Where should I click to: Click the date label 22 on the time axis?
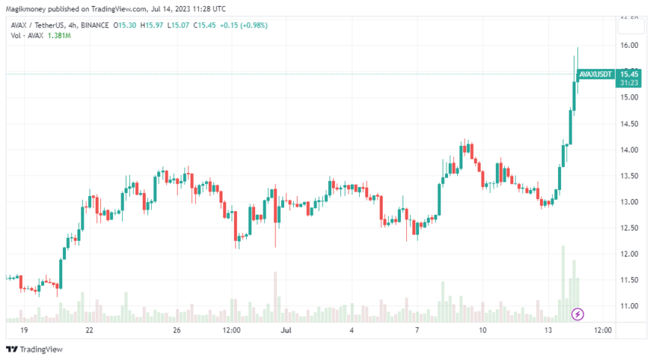90,330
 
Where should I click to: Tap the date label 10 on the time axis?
483,330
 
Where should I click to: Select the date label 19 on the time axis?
24,330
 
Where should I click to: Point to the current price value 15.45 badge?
628,74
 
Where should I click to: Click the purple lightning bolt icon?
577,313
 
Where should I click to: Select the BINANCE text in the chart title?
93,25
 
